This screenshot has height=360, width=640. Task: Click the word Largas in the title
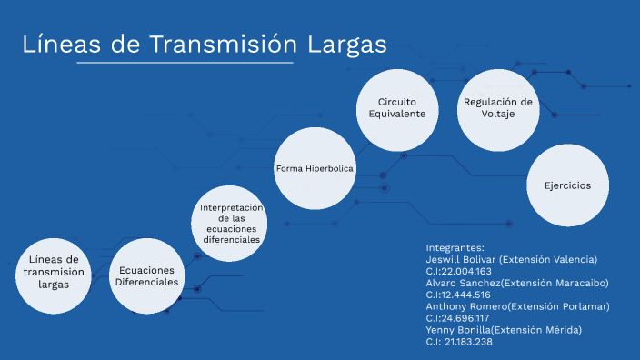[345, 45]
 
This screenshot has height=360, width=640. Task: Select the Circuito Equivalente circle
[396, 109]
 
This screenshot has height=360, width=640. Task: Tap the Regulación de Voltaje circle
[497, 108]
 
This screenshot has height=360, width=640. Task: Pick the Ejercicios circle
[567, 185]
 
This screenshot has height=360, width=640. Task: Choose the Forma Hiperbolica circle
[315, 169]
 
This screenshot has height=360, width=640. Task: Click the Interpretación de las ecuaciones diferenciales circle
[231, 224]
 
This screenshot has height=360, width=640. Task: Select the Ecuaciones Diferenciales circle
[146, 276]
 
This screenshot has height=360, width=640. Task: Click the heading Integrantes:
[455, 247]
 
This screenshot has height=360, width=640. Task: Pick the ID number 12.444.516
[465, 295]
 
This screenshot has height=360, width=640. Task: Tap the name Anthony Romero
[465, 306]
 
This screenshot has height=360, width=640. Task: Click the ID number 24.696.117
[465, 318]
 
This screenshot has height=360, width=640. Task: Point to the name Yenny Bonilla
[459, 330]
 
